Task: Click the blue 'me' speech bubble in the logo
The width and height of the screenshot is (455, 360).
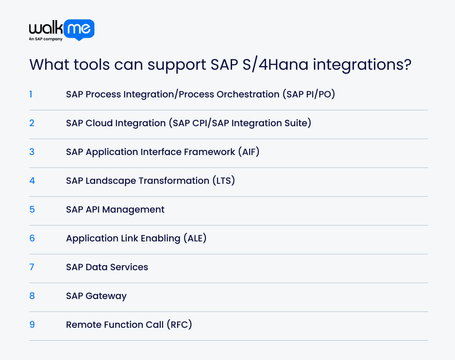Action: (x=79, y=29)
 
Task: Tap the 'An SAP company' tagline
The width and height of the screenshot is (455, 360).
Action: (x=45, y=39)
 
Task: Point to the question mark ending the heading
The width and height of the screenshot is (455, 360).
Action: (x=407, y=65)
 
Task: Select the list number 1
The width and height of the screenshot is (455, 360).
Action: (x=31, y=94)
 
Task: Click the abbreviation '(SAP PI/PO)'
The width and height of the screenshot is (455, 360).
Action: (x=309, y=94)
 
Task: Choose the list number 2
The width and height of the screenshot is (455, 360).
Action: (x=32, y=123)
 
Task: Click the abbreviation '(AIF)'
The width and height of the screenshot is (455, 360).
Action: (x=248, y=152)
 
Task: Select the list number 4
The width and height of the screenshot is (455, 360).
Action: (x=32, y=180)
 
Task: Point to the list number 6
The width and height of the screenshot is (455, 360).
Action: (x=32, y=238)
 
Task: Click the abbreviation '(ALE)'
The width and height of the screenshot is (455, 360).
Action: (x=195, y=238)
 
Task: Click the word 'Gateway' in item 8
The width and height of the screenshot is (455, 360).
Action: (x=106, y=296)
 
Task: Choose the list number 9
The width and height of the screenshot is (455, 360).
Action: (x=32, y=325)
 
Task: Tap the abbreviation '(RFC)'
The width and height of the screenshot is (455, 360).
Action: (x=179, y=325)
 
